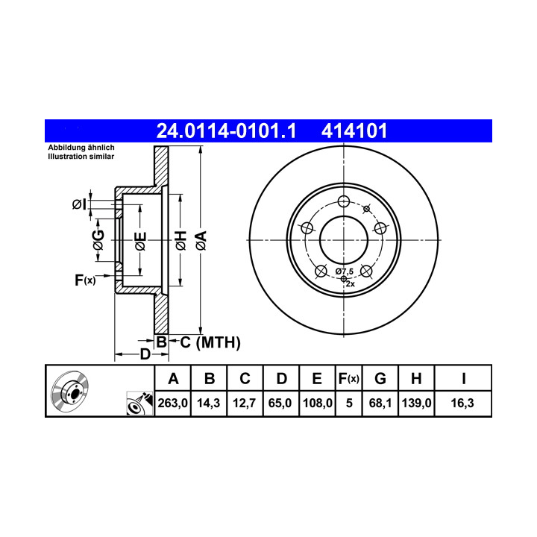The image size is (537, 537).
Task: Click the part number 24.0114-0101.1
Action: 226,131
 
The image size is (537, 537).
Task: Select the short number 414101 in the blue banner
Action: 354,131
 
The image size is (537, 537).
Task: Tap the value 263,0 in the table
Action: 172,403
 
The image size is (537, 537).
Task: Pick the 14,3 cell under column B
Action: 209,403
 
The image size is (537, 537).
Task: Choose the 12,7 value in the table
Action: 244,403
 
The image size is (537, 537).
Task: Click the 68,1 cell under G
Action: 380,403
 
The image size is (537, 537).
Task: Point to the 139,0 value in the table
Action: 416,403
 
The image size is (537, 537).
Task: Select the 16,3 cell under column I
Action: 462,403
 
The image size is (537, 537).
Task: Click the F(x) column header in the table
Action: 348,379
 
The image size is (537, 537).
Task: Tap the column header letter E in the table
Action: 317,379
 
